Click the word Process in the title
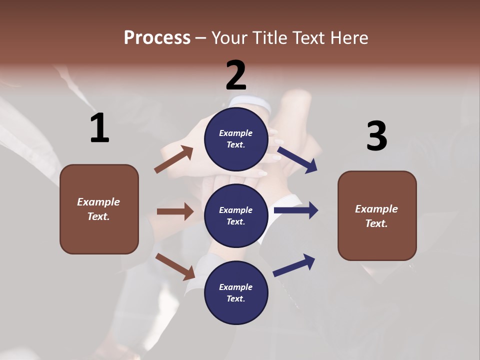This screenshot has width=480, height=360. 157,38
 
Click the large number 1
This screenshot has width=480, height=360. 99,128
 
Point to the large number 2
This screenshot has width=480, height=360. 236,75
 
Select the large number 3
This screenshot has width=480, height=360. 376,136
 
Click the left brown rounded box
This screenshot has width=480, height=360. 99,209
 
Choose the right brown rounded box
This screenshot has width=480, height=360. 377,216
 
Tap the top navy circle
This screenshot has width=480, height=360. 236,139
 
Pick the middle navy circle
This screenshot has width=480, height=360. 236,216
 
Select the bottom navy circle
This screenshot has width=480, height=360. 236,293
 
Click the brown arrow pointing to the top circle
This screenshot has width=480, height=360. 173,159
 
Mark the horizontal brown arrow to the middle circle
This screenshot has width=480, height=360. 174,211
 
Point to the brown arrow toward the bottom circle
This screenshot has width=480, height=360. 175,266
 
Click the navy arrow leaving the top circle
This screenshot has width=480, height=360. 297,159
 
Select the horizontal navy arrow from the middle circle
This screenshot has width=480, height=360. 296,210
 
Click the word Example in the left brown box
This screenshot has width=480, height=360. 98,202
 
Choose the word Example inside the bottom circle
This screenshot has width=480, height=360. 236,287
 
